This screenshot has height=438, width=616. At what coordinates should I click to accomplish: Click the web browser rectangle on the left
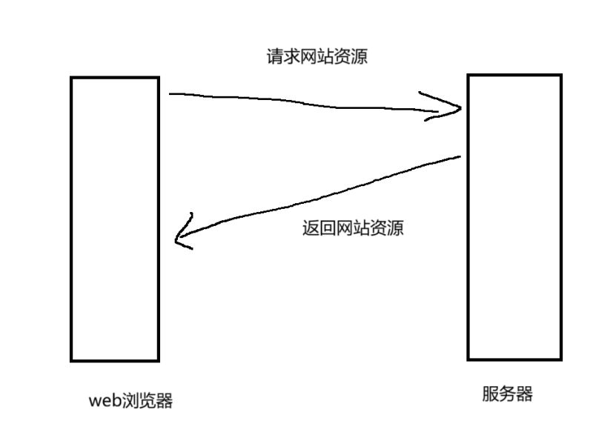tap(115, 219)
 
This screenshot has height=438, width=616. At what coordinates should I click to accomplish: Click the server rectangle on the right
tap(514, 216)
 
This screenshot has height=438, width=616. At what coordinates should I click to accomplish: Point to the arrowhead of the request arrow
tap(460, 109)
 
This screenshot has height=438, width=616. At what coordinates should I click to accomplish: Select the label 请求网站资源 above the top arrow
tap(317, 57)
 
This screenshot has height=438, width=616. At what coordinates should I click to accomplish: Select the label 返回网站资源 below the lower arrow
tap(352, 228)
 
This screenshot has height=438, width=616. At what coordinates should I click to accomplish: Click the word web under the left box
tap(105, 402)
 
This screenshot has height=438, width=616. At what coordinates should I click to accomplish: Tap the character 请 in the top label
tap(274, 57)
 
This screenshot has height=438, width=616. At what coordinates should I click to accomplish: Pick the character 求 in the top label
tap(291, 57)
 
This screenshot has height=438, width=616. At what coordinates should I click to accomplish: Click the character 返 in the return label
tap(310, 228)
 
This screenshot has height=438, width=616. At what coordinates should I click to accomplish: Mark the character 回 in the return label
tap(327, 228)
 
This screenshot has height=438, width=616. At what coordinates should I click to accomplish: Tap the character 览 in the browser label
tap(147, 401)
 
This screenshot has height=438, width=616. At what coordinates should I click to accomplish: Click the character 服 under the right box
tap(490, 394)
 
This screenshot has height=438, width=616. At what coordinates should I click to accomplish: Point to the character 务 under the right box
tap(507, 394)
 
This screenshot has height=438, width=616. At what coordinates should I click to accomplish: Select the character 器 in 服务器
tap(524, 394)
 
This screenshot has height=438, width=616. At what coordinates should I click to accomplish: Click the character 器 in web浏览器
tap(164, 401)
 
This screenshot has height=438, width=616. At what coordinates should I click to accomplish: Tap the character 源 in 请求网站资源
tap(360, 57)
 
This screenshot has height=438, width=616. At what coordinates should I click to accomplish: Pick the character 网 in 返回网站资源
tap(344, 228)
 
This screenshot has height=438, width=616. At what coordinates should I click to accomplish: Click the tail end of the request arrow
tap(171, 94)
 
